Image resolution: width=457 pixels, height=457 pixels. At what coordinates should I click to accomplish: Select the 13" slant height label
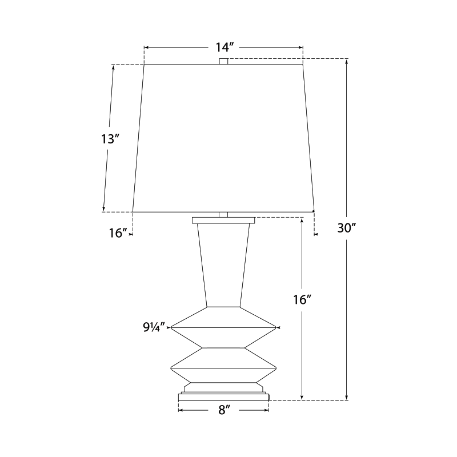coord(110,138)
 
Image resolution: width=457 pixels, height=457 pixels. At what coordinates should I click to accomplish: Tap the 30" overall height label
coord(347,228)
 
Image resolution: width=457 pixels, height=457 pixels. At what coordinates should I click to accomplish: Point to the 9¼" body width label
coord(154,327)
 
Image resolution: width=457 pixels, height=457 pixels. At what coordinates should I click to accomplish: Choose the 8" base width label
coord(223,410)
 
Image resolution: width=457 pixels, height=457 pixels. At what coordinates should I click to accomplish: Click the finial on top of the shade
coord(223,61)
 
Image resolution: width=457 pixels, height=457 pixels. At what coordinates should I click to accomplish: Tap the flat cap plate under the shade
coord(223,220)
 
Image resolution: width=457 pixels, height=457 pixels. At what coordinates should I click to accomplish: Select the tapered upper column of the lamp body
coord(223,263)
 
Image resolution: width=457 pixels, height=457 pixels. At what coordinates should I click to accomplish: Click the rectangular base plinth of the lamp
coord(223,396)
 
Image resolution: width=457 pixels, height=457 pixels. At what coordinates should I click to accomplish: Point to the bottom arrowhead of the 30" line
coord(347,398)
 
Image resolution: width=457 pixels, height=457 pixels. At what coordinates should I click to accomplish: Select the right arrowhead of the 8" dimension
coord(266,410)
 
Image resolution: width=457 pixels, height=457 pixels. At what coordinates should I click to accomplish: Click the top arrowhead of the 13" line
coord(113,67)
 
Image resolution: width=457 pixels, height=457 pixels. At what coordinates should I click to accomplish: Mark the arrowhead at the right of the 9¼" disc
coord(278,327)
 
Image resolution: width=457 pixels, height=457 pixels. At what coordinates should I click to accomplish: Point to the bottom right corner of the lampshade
coord(314,212)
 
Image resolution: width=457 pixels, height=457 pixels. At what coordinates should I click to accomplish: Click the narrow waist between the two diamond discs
coord(223,347)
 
